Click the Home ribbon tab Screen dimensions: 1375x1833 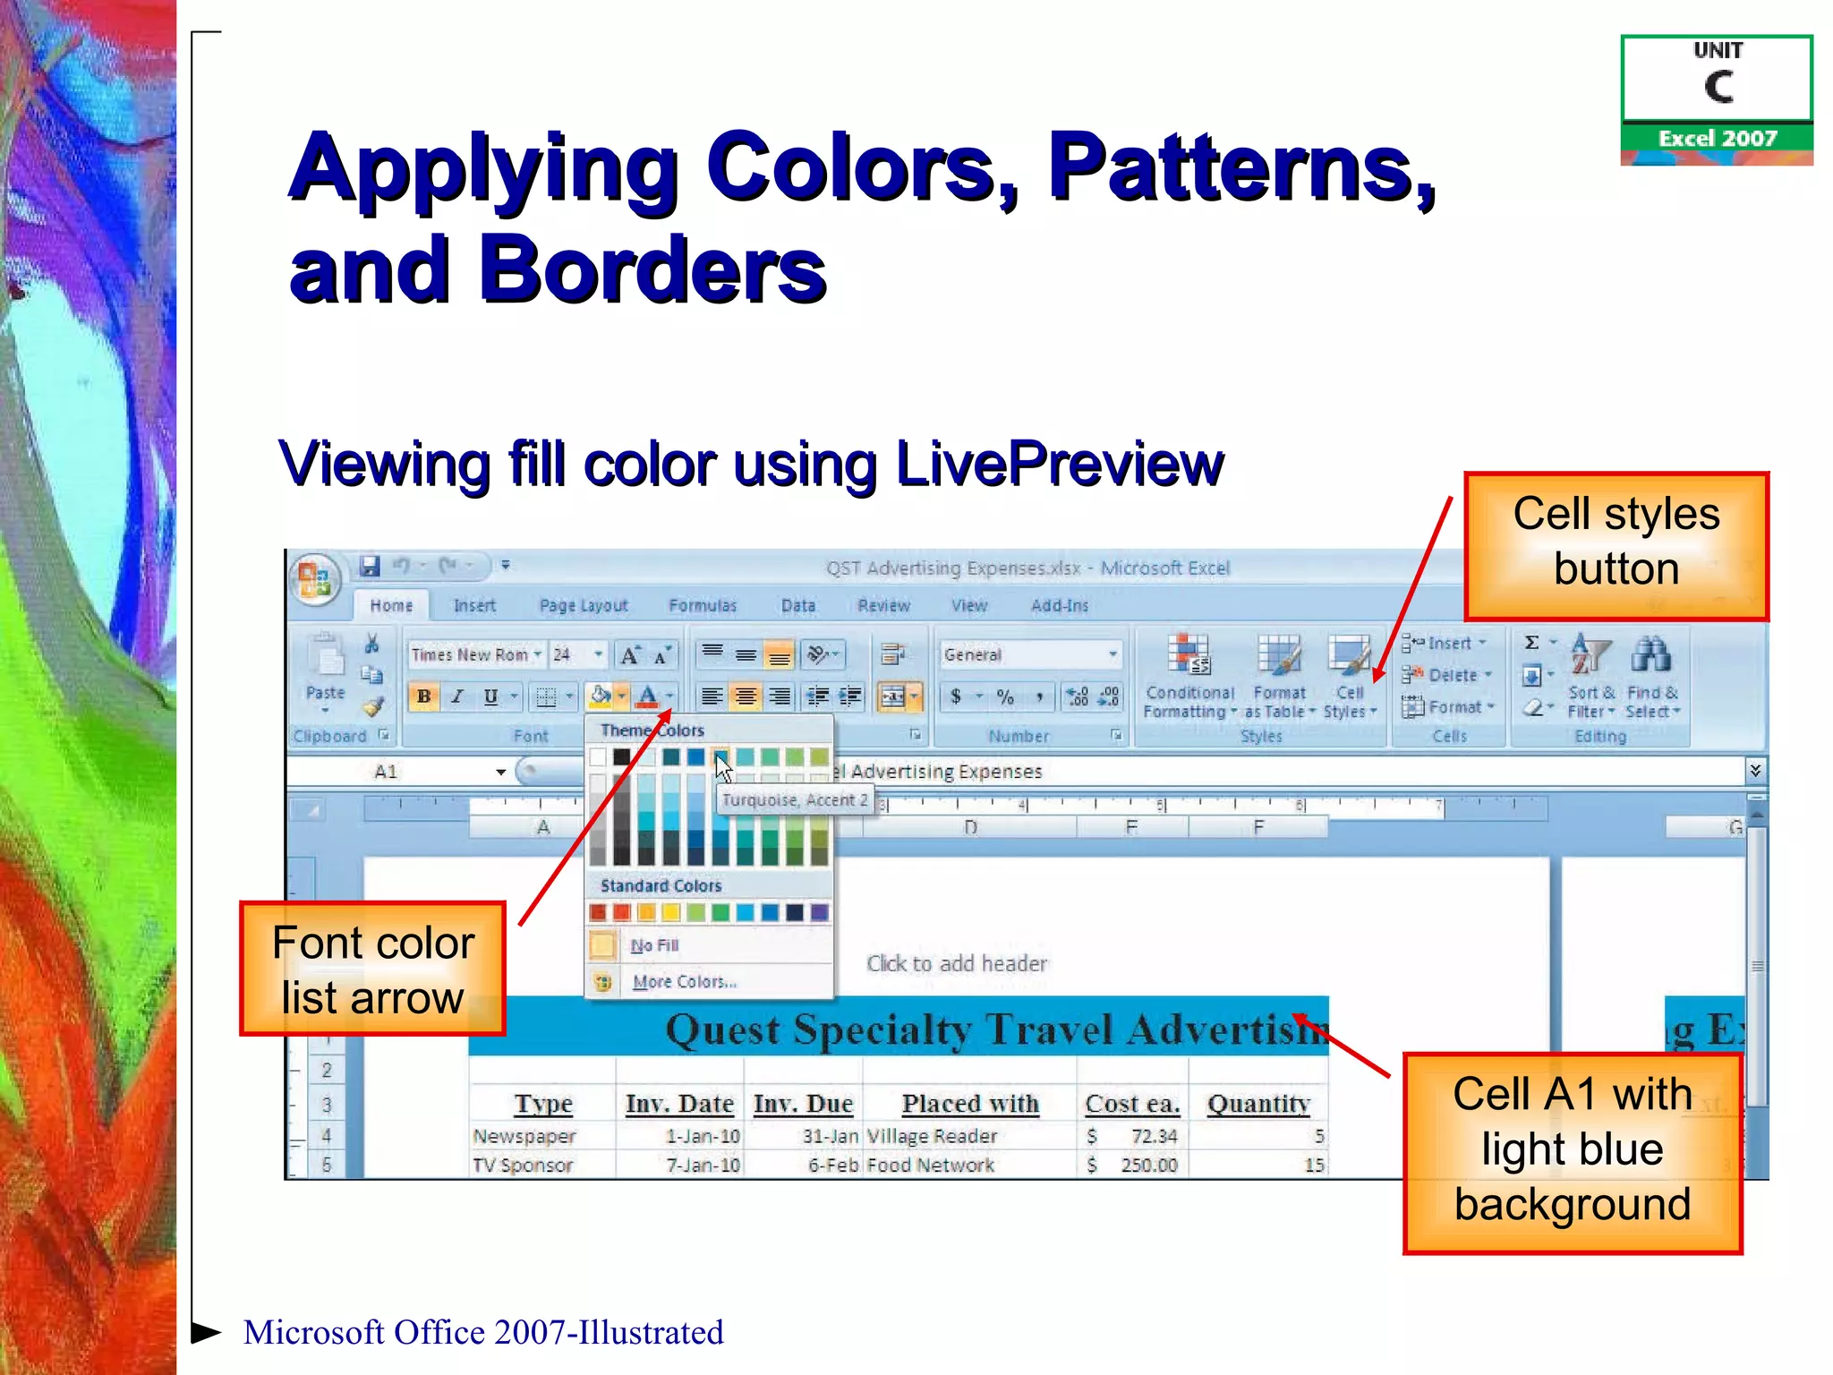point(391,606)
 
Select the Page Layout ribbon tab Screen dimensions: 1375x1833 point(584,606)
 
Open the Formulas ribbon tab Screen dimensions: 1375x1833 point(703,606)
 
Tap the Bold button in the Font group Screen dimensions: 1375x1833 point(424,696)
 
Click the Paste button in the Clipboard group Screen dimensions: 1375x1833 point(325,671)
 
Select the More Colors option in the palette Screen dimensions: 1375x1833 point(684,982)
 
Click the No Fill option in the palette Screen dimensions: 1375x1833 point(654,945)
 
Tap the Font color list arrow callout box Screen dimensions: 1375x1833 point(372,969)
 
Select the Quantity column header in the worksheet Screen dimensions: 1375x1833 point(1258,1105)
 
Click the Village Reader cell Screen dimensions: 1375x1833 point(932,1137)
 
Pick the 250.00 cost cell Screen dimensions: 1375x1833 point(1149,1166)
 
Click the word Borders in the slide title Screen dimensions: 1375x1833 point(652,269)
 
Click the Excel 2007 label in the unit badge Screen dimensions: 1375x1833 point(1717,139)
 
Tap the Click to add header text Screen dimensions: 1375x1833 point(957,964)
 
